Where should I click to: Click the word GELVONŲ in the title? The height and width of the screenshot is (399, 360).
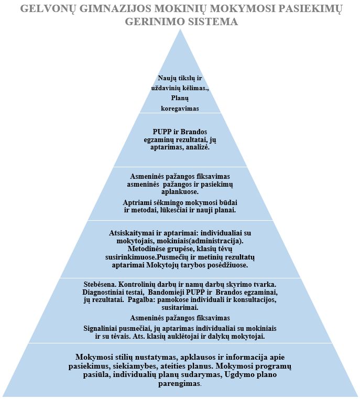pyautogui.click(x=48, y=9)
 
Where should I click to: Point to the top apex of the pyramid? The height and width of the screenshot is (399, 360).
pyautogui.click(x=180, y=29)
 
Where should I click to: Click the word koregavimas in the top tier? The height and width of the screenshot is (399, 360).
pyautogui.click(x=180, y=109)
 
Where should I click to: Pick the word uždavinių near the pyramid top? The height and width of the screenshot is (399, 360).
pyautogui.click(x=166, y=88)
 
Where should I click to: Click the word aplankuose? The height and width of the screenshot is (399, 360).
pyautogui.click(x=180, y=192)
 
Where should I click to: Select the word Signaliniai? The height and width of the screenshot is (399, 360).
pyautogui.click(x=100, y=328)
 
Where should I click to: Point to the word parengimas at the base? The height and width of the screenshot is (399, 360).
pyautogui.click(x=179, y=383)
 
